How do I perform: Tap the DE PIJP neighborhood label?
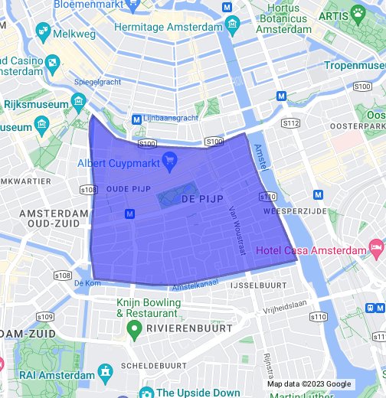pyautogui.click(x=202, y=199)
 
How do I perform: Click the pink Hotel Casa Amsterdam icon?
pyautogui.click(x=376, y=248)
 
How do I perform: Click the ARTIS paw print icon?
pyautogui.click(x=358, y=12)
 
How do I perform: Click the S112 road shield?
pyautogui.click(x=290, y=123)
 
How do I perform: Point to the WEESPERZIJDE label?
pyautogui.click(x=295, y=210)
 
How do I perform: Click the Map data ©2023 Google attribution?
pyautogui.click(x=309, y=383)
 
